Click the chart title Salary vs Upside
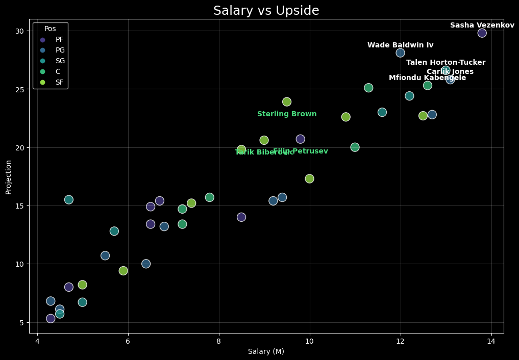click(x=266, y=11)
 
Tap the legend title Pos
click(x=50, y=29)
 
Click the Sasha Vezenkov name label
click(x=482, y=25)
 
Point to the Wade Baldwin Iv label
click(x=400, y=45)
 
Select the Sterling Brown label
click(x=287, y=114)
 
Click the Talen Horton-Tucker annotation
click(x=446, y=63)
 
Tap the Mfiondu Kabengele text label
click(x=427, y=78)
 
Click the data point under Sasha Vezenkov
click(x=482, y=33)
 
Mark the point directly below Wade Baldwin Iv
click(x=400, y=53)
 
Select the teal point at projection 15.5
click(x=69, y=200)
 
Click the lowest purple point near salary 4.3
click(x=51, y=319)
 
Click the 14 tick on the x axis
click(x=491, y=341)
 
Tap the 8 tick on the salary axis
click(x=219, y=341)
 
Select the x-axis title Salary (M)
click(x=266, y=351)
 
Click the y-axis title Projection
click(x=9, y=177)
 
